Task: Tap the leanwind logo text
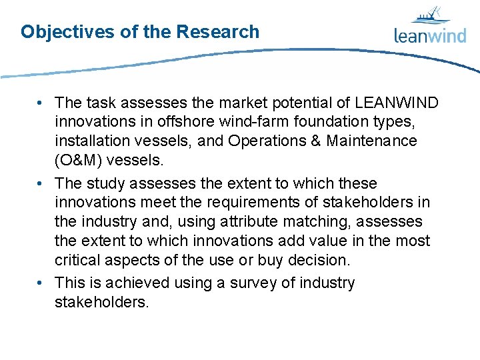click(x=429, y=35)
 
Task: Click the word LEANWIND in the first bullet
click(x=397, y=103)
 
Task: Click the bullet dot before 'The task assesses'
click(x=41, y=103)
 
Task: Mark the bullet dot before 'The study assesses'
click(x=41, y=183)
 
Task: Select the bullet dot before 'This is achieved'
click(x=41, y=283)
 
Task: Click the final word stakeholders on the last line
click(x=102, y=302)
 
